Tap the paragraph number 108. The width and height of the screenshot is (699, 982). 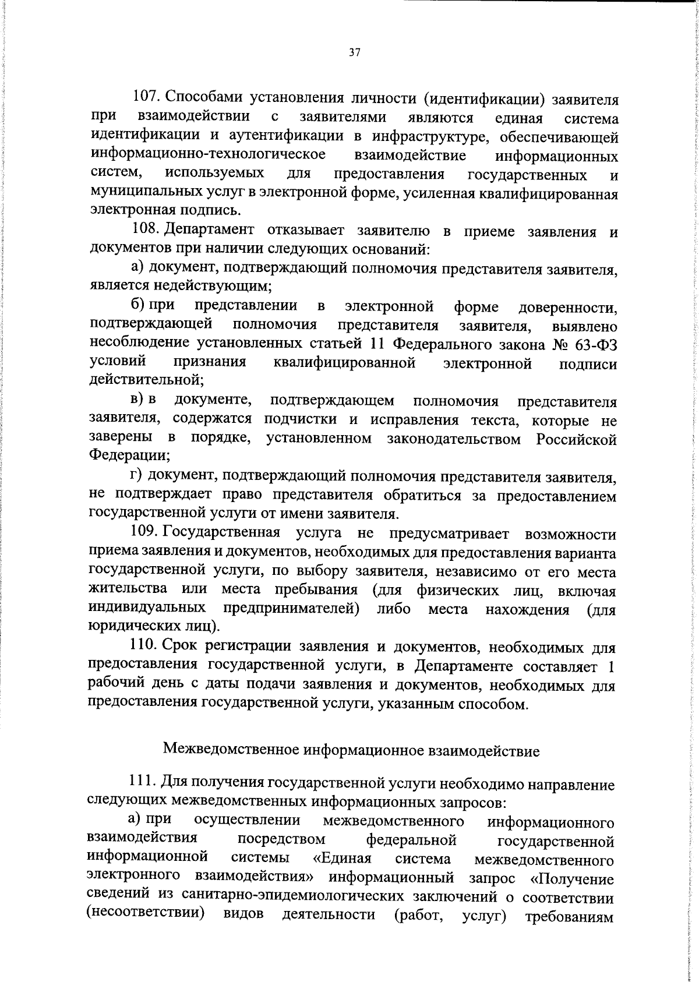pos(143,231)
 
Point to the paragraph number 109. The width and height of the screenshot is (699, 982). pos(143,532)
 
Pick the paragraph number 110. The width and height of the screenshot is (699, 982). pos(143,646)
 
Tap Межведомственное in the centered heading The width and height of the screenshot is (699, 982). pos(230,750)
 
